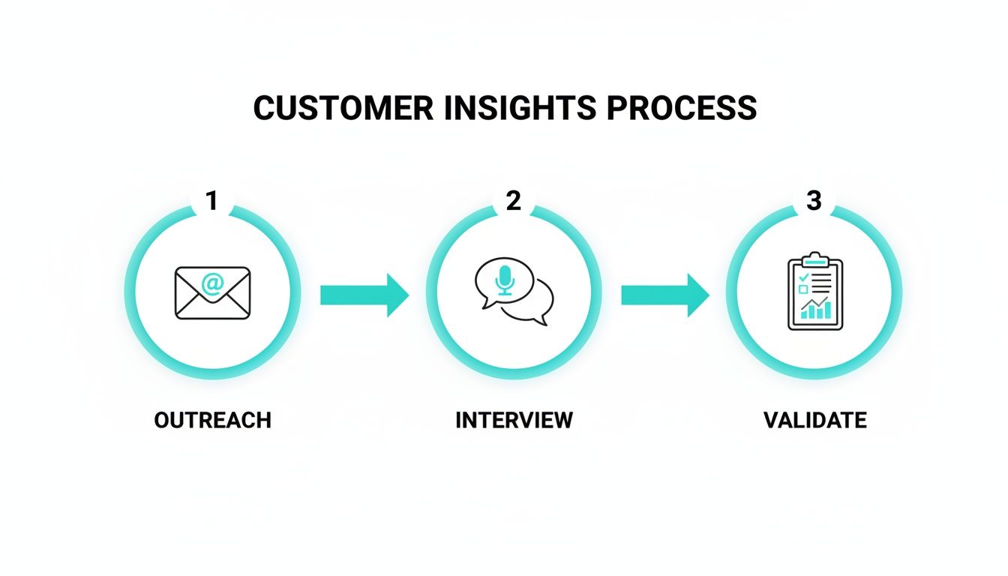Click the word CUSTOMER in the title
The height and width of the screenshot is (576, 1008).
click(x=343, y=109)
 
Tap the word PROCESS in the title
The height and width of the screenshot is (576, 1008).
click(x=681, y=109)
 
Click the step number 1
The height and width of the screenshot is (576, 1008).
click(x=211, y=201)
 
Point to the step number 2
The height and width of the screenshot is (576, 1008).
click(x=513, y=201)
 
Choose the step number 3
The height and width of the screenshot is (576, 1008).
click(x=814, y=201)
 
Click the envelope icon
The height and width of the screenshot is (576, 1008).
click(x=212, y=293)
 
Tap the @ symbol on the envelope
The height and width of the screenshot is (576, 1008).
click(x=212, y=283)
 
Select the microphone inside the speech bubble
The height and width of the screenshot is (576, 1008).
click(x=505, y=279)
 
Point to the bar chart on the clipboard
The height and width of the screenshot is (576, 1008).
click(x=815, y=309)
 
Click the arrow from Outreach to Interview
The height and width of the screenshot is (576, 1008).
click(x=364, y=295)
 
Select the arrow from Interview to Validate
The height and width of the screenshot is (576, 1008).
click(x=664, y=295)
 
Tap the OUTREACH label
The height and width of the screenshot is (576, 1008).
click(x=212, y=420)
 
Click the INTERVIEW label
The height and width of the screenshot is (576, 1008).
click(x=514, y=420)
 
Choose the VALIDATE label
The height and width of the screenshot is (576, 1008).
click(x=814, y=420)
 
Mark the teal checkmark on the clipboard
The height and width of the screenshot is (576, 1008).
click(x=804, y=277)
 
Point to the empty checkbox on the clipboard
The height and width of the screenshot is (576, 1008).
click(x=803, y=289)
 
